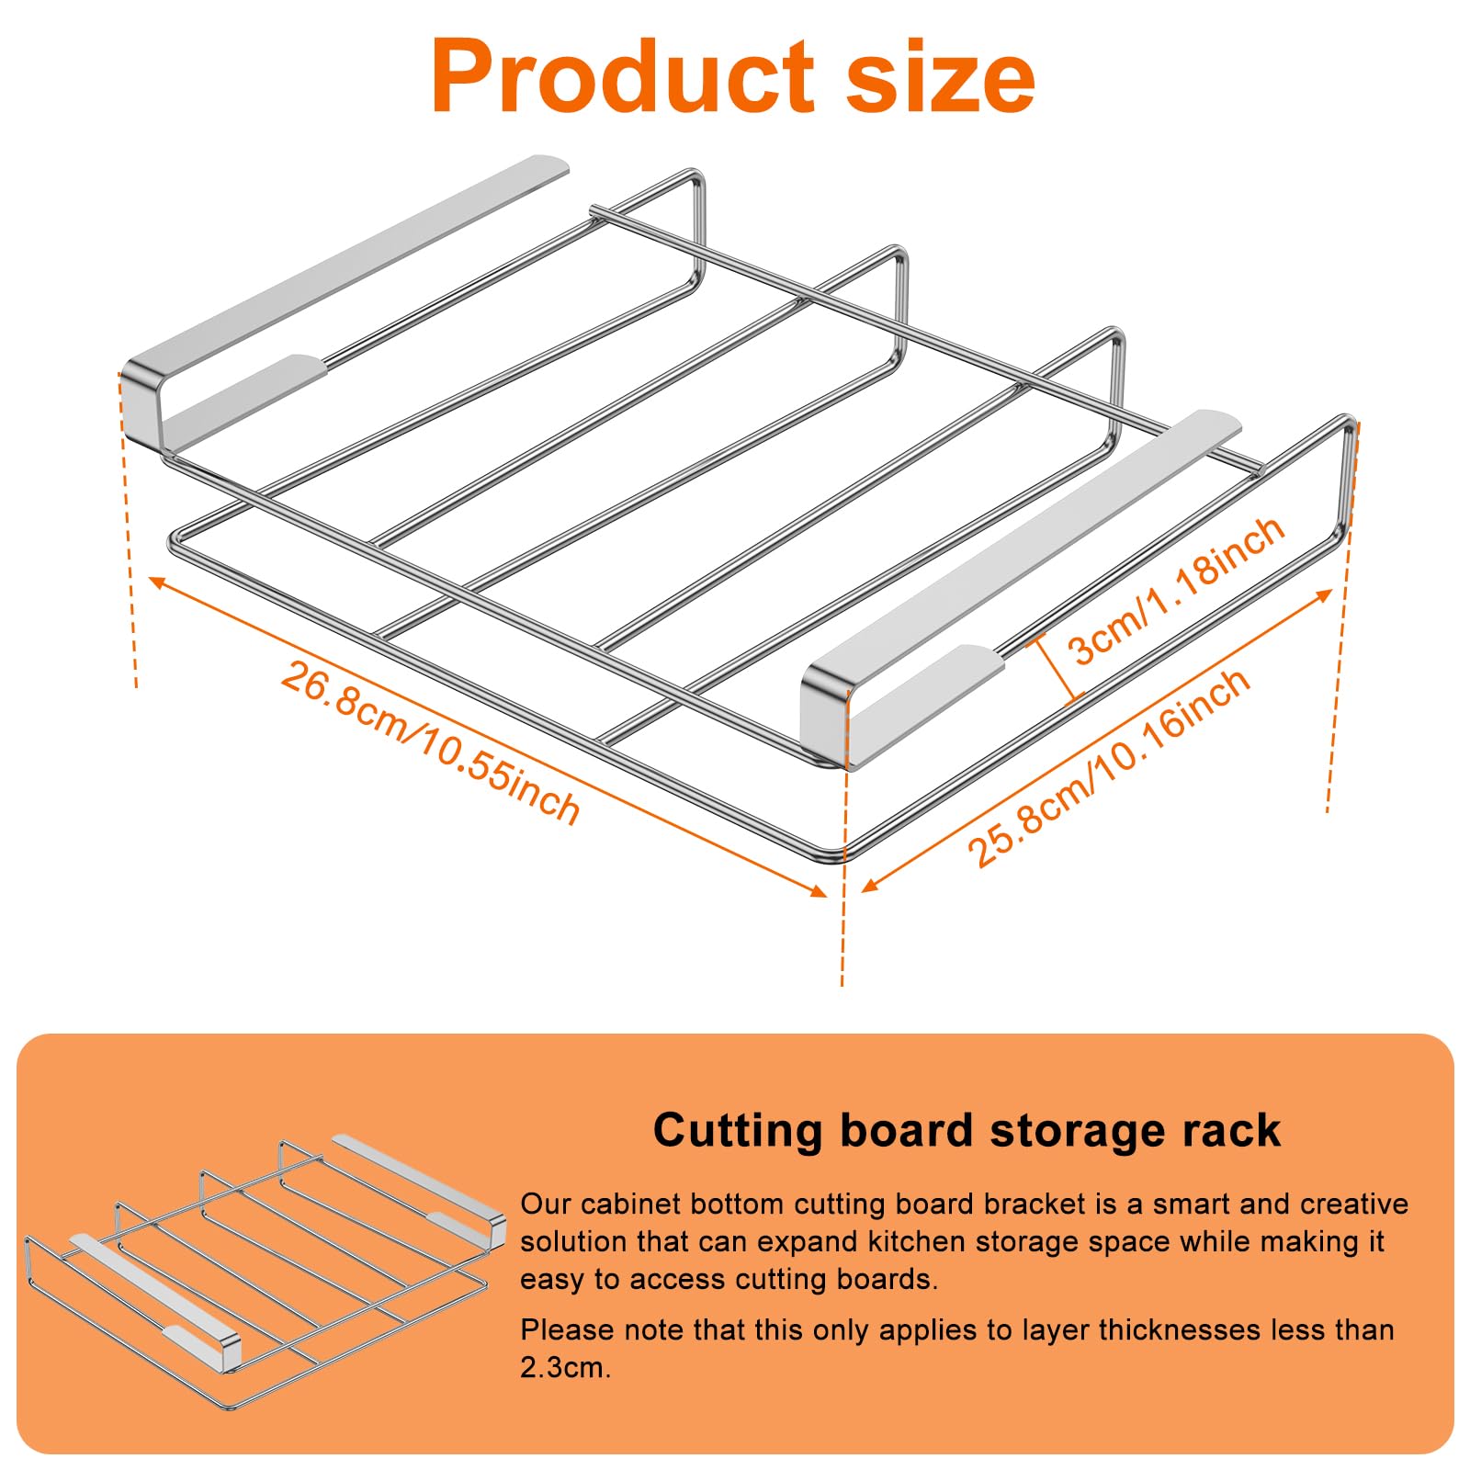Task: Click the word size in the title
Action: tap(939, 77)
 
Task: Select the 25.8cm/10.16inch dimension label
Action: tap(1108, 768)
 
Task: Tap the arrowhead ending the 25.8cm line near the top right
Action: tap(1324, 595)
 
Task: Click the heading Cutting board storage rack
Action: tap(966, 1130)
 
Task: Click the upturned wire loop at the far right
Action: tap(1349, 478)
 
